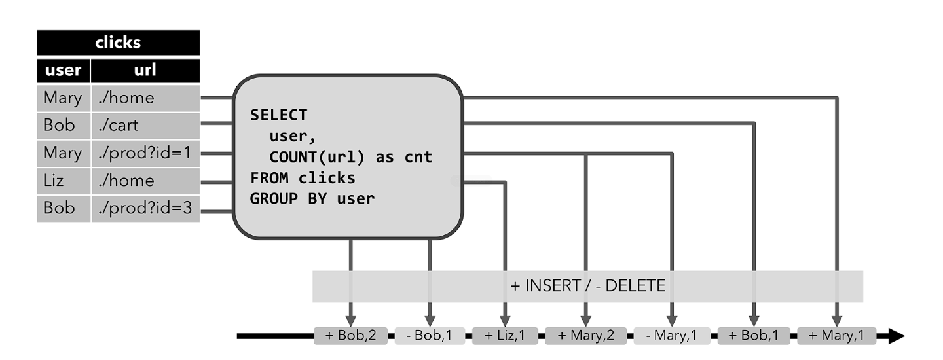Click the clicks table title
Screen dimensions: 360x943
(x=118, y=43)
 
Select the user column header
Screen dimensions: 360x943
(x=63, y=70)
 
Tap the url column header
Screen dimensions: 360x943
(x=145, y=70)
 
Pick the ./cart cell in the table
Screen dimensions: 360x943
(x=145, y=125)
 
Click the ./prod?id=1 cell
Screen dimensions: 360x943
(x=145, y=153)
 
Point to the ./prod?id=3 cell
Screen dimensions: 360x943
(x=145, y=208)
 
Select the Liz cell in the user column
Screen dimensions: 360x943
(x=63, y=181)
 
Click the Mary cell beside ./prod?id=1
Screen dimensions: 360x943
(x=63, y=153)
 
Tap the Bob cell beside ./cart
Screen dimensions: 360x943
(x=63, y=125)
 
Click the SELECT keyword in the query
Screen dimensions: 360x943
(x=278, y=116)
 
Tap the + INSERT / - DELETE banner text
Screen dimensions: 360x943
(x=587, y=286)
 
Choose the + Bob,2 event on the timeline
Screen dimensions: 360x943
(x=350, y=336)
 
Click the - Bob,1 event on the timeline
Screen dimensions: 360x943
(x=430, y=336)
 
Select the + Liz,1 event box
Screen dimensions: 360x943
(x=505, y=336)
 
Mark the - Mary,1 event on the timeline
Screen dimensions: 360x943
(x=672, y=336)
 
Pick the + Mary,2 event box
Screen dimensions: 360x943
(x=585, y=336)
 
